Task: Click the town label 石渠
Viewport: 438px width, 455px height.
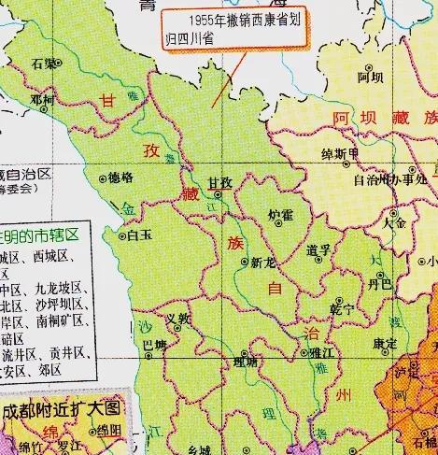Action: point(41,64)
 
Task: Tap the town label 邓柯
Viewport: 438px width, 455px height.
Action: point(42,97)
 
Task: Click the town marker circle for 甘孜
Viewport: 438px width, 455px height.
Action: point(219,196)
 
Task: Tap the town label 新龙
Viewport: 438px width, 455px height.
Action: point(262,263)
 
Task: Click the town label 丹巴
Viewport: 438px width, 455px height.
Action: point(379,281)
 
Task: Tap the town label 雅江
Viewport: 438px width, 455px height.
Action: point(325,354)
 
